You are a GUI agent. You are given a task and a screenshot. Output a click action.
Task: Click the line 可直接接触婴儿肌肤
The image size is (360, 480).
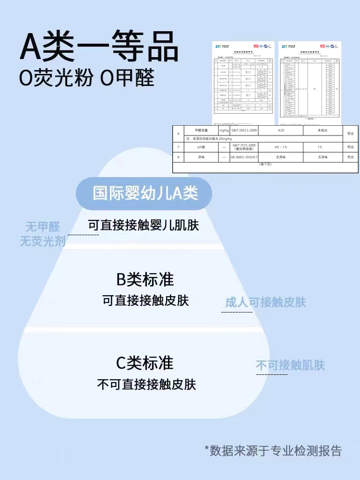point(143,225)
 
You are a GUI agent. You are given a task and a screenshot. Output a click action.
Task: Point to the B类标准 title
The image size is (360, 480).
point(145,279)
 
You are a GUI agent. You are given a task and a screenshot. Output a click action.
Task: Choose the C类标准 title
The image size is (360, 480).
point(145,363)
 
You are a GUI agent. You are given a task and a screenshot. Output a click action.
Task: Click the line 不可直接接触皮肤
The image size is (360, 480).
point(146,384)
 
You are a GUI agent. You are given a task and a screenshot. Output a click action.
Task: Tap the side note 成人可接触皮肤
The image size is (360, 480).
point(265,302)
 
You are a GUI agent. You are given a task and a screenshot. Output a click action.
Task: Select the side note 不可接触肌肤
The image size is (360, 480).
point(290,365)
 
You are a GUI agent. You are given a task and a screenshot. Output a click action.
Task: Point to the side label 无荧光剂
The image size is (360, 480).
point(43,241)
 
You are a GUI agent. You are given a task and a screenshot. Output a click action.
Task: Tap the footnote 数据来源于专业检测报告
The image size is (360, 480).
point(273,450)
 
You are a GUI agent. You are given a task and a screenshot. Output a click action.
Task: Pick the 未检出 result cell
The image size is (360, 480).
point(323,131)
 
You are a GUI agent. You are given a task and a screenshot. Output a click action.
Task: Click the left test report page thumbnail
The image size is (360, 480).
point(243,78)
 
